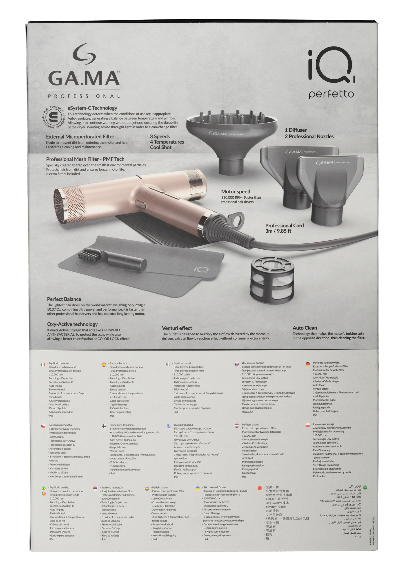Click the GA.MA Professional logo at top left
(x=84, y=71)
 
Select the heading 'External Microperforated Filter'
(x=80, y=137)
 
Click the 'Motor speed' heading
(x=235, y=192)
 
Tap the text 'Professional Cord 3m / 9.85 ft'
(x=284, y=228)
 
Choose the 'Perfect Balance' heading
(x=64, y=299)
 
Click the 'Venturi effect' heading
(x=177, y=328)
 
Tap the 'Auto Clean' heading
(x=304, y=328)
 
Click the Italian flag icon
(x=43, y=364)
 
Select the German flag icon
(x=308, y=364)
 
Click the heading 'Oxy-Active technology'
(x=72, y=324)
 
